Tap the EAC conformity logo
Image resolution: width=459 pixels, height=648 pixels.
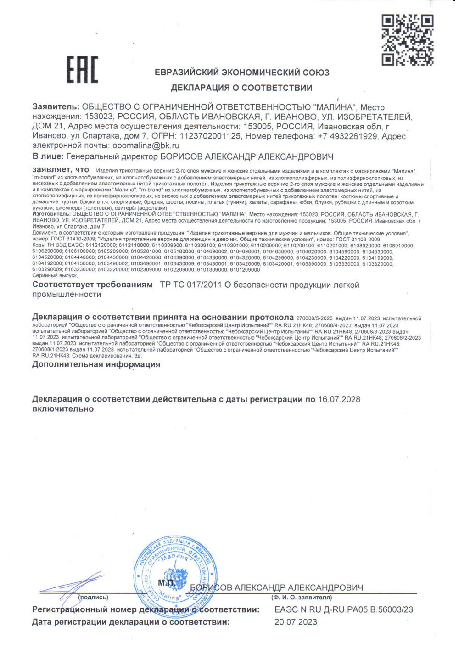(x=82, y=70)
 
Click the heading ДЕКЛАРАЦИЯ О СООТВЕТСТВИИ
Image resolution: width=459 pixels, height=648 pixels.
(x=241, y=88)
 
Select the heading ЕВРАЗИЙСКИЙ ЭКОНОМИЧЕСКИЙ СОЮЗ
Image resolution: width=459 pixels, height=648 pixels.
(x=242, y=73)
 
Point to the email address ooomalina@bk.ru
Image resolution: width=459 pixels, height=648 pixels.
(x=146, y=145)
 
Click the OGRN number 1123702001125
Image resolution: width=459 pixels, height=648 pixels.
(x=210, y=136)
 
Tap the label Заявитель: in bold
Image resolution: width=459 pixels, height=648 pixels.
(x=56, y=107)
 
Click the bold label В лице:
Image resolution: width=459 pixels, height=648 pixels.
(x=48, y=156)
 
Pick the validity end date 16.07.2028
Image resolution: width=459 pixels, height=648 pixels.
(x=339, y=399)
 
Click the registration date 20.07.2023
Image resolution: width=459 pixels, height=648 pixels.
(x=296, y=622)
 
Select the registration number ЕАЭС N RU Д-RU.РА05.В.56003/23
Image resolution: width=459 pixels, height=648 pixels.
(x=343, y=609)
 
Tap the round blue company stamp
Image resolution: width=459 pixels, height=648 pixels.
(x=174, y=571)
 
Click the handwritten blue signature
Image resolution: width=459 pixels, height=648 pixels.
(x=73, y=585)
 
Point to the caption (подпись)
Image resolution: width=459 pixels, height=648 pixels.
(x=93, y=597)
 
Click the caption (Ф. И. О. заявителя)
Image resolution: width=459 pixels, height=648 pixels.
(x=301, y=597)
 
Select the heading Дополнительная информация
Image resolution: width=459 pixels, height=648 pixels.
(x=96, y=364)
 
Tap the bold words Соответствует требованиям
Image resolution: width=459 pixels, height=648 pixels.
(x=92, y=285)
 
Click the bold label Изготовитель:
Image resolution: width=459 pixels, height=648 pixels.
(x=51, y=214)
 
